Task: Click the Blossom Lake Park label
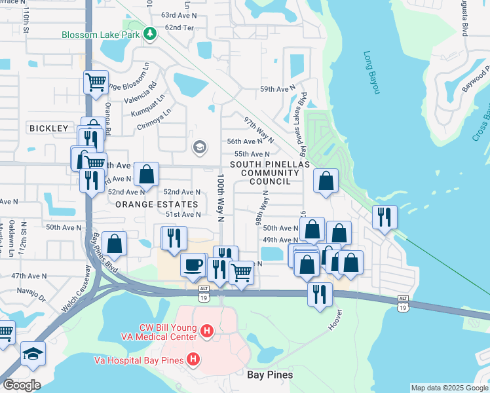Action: tap(102, 35)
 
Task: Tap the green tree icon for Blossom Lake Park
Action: tap(150, 33)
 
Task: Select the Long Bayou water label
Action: tap(371, 73)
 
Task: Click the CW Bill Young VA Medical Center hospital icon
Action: tap(206, 332)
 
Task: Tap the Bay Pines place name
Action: tap(270, 375)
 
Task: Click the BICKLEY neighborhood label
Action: tap(49, 128)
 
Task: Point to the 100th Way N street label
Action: tap(221, 191)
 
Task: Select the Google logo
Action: tap(21, 385)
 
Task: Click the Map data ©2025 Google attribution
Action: tap(449, 388)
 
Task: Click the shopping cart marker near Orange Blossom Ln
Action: tap(96, 83)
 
